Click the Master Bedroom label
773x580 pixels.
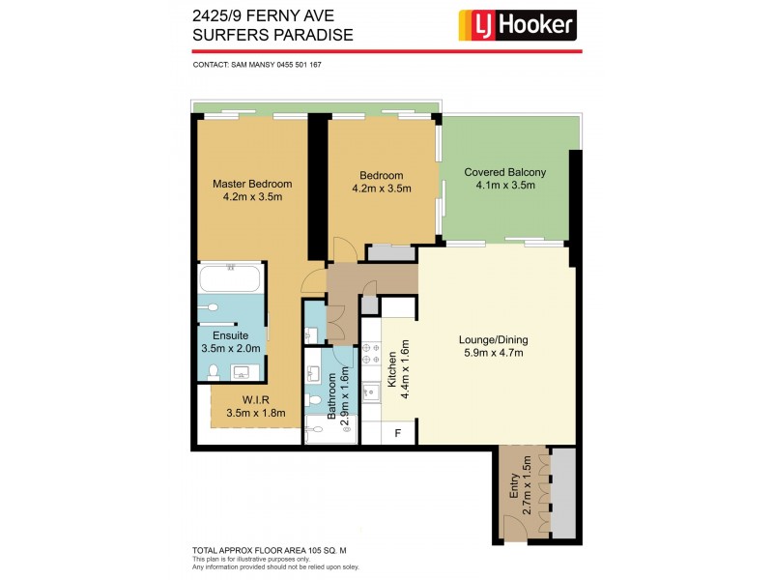251,184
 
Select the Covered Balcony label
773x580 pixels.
504,172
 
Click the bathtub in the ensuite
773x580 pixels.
229,280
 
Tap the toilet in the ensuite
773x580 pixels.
213,307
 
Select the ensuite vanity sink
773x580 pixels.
241,371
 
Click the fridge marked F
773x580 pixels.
397,434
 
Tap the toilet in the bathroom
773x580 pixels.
315,398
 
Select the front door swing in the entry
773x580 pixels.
515,527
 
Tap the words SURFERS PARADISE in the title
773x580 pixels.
273,36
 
